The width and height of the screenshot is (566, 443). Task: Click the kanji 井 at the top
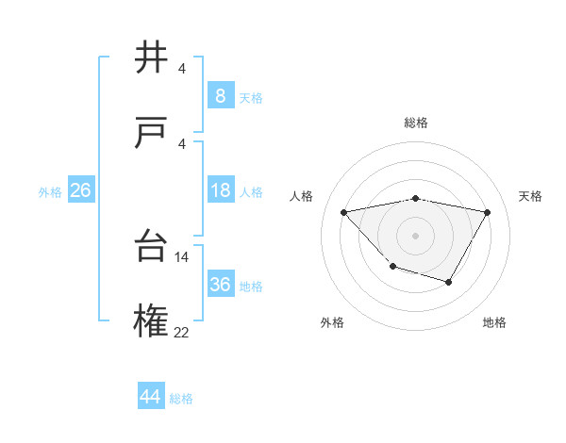(x=152, y=57)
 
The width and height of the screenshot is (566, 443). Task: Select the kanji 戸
(x=152, y=133)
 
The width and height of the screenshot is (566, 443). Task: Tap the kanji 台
(x=152, y=246)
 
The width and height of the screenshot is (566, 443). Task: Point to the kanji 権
(x=152, y=321)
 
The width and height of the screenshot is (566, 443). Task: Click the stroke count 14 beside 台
(x=182, y=256)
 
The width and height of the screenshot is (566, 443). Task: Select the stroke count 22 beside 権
(x=182, y=332)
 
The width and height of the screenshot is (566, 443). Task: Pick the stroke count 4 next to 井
(x=181, y=68)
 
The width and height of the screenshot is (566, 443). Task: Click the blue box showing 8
(x=220, y=95)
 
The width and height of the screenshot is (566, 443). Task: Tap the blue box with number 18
(x=220, y=190)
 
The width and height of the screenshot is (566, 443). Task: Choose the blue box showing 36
(x=220, y=285)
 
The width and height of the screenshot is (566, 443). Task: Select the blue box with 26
(x=80, y=190)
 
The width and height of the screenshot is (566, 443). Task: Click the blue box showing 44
(x=150, y=397)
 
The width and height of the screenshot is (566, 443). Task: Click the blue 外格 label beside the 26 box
(x=50, y=192)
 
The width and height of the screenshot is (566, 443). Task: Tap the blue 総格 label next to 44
(x=181, y=399)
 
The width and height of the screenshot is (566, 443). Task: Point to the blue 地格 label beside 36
(x=251, y=287)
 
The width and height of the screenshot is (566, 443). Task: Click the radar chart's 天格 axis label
(x=530, y=196)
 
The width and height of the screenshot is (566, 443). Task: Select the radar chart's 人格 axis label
(x=302, y=196)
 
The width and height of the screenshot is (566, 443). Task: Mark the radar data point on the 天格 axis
(x=487, y=212)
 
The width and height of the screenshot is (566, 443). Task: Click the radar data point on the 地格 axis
(x=449, y=282)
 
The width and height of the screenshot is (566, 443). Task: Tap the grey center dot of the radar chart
(x=415, y=235)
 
